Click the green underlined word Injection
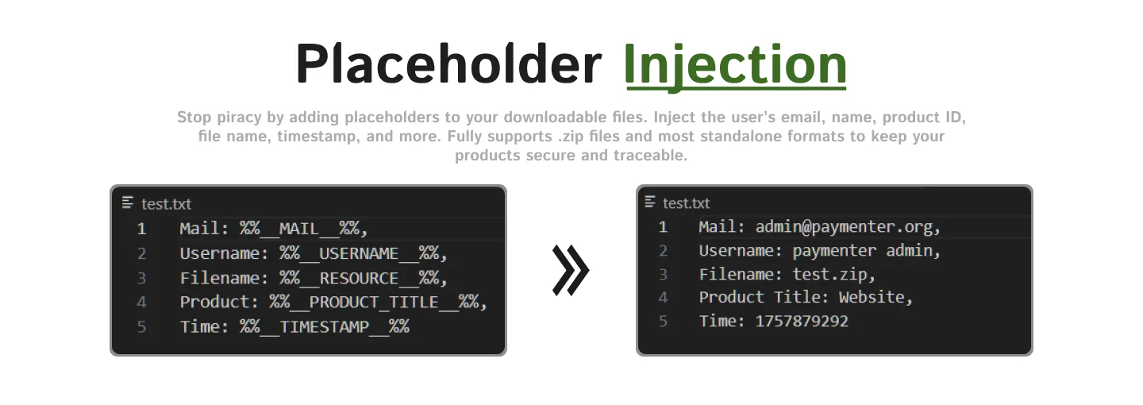click(735, 64)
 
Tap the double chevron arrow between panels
click(571, 270)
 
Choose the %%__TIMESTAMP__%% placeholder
click(324, 326)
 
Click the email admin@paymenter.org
click(844, 227)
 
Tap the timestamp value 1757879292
click(802, 322)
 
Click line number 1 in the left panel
click(141, 229)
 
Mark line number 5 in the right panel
click(663, 322)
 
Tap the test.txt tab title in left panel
click(166, 204)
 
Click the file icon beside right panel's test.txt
click(650, 202)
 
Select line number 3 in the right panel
click(663, 275)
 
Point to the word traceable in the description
click(650, 155)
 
